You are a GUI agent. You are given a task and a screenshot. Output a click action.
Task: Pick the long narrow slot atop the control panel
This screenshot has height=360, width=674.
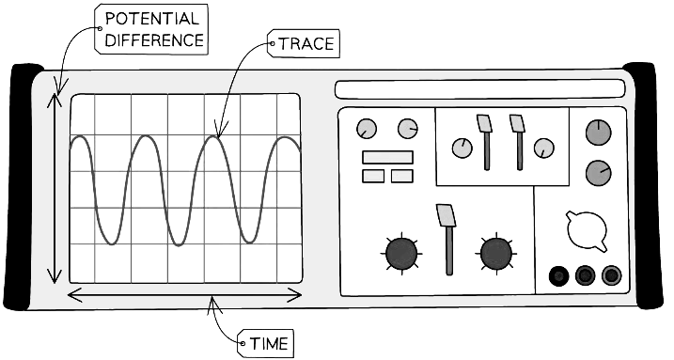coord(479,89)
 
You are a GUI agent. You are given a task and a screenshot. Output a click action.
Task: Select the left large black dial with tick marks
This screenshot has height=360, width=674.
coord(402,252)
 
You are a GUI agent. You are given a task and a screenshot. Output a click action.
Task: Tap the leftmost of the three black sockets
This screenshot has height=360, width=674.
coord(560,275)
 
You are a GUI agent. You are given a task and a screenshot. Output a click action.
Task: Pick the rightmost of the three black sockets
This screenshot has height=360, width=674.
coord(612,275)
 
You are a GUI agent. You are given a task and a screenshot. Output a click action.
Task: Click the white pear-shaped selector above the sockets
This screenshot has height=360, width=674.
coord(585,229)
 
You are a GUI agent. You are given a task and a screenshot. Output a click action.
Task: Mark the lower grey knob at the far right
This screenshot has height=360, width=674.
coord(598,172)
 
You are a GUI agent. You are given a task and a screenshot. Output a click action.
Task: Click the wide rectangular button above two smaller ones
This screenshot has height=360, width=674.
coord(387,157)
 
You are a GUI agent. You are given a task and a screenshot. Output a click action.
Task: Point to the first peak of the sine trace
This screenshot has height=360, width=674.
coord(80,137)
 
